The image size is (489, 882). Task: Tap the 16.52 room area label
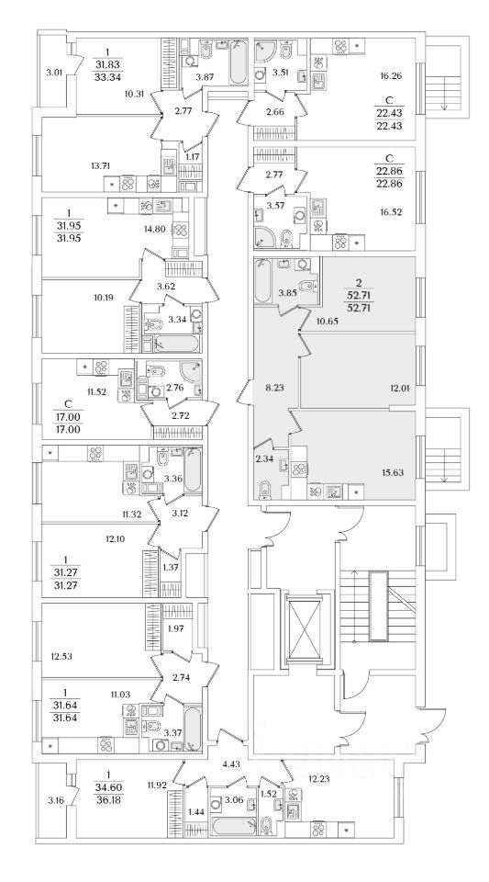391,211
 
